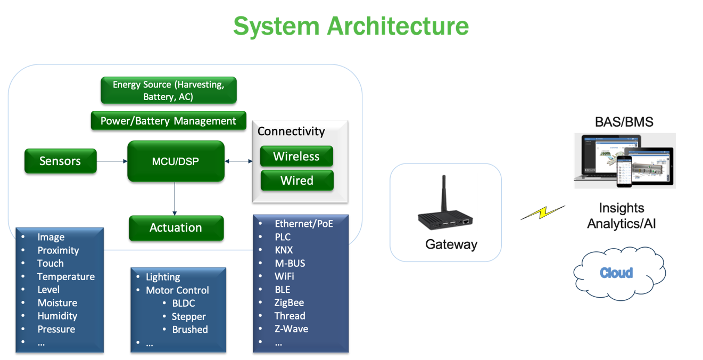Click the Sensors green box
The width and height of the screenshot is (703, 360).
(x=61, y=161)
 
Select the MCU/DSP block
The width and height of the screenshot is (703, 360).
(x=176, y=161)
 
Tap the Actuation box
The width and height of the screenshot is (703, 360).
(x=176, y=228)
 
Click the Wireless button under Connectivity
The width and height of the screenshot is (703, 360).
(x=296, y=156)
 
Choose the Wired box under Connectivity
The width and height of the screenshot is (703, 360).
(x=297, y=181)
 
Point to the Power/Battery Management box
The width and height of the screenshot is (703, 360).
(x=169, y=121)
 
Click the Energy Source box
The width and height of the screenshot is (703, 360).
(x=169, y=90)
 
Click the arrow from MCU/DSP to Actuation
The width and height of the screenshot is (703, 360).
(x=175, y=199)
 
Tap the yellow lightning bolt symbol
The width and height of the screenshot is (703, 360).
(x=543, y=212)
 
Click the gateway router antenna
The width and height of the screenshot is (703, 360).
(x=444, y=193)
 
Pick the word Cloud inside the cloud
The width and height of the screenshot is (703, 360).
(x=616, y=273)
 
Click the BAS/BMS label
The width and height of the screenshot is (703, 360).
(x=624, y=122)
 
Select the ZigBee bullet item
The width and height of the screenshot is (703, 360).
(x=289, y=302)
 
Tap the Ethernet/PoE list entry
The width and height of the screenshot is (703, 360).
(x=304, y=223)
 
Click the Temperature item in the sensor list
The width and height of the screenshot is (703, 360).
(x=66, y=276)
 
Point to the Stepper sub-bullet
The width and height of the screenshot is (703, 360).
(x=188, y=316)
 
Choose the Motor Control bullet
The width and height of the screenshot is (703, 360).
(x=177, y=290)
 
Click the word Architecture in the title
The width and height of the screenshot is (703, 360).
(x=398, y=26)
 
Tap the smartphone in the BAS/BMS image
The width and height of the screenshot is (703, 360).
(x=624, y=171)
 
